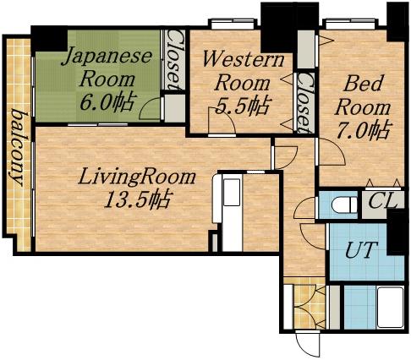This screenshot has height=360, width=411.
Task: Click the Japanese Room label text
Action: tap(107, 68)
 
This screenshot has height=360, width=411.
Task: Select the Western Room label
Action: tap(244, 71)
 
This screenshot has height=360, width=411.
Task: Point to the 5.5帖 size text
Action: tap(244, 106)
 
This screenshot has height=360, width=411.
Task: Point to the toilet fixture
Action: tap(342, 205)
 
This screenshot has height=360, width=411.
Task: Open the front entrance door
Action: tap(306, 344)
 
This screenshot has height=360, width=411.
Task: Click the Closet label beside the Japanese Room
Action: tap(174, 61)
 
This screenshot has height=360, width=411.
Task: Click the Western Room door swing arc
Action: tap(222, 123)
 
